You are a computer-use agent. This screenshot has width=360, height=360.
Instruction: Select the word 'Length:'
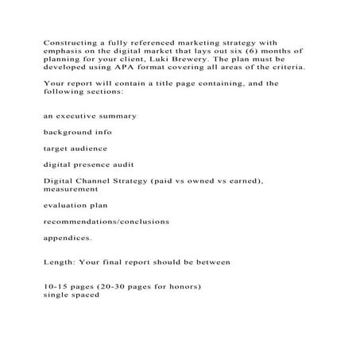pos(60,261)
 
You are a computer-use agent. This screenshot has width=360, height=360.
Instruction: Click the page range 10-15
pos(58,286)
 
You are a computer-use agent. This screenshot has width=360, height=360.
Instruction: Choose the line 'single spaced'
pos(72,294)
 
